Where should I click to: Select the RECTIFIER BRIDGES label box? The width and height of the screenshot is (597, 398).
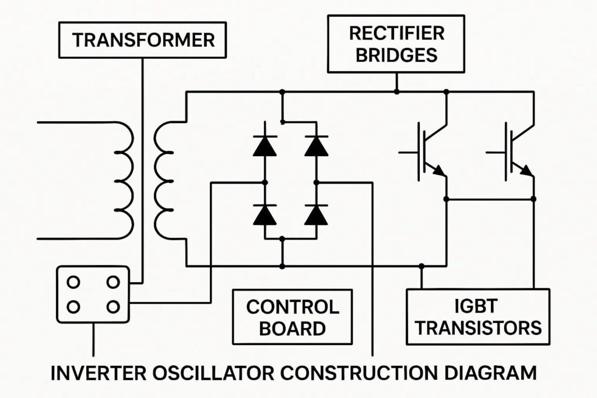396,43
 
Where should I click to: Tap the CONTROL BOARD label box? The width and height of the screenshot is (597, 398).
292,316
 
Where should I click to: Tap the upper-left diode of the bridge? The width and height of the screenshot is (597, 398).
265,145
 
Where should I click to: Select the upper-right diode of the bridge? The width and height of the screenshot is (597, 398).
316,145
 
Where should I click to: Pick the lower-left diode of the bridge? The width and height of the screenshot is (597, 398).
265,214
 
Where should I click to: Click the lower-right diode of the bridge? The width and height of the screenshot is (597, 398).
316,214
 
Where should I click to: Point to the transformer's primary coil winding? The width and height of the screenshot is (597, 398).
124,181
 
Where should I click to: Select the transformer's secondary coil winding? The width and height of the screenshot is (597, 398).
164,181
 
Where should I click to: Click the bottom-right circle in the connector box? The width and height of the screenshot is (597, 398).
113,307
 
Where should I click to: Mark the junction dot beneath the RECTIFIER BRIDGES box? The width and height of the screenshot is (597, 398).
396,91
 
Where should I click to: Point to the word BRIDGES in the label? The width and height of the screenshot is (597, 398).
396,55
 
